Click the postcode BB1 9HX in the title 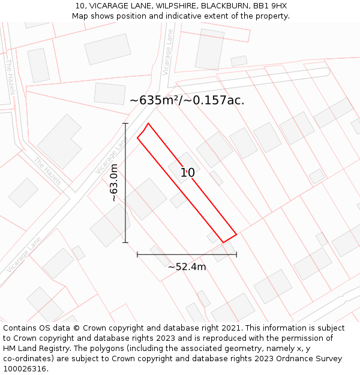point(270,6)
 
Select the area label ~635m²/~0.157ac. point(187,100)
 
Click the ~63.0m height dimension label point(114,182)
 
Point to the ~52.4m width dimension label point(187,267)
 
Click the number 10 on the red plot point(187,173)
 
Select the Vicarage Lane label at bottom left point(25,255)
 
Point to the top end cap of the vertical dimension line point(125,124)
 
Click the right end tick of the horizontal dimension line point(236,254)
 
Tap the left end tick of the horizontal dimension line point(137,254)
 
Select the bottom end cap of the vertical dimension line point(125,242)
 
